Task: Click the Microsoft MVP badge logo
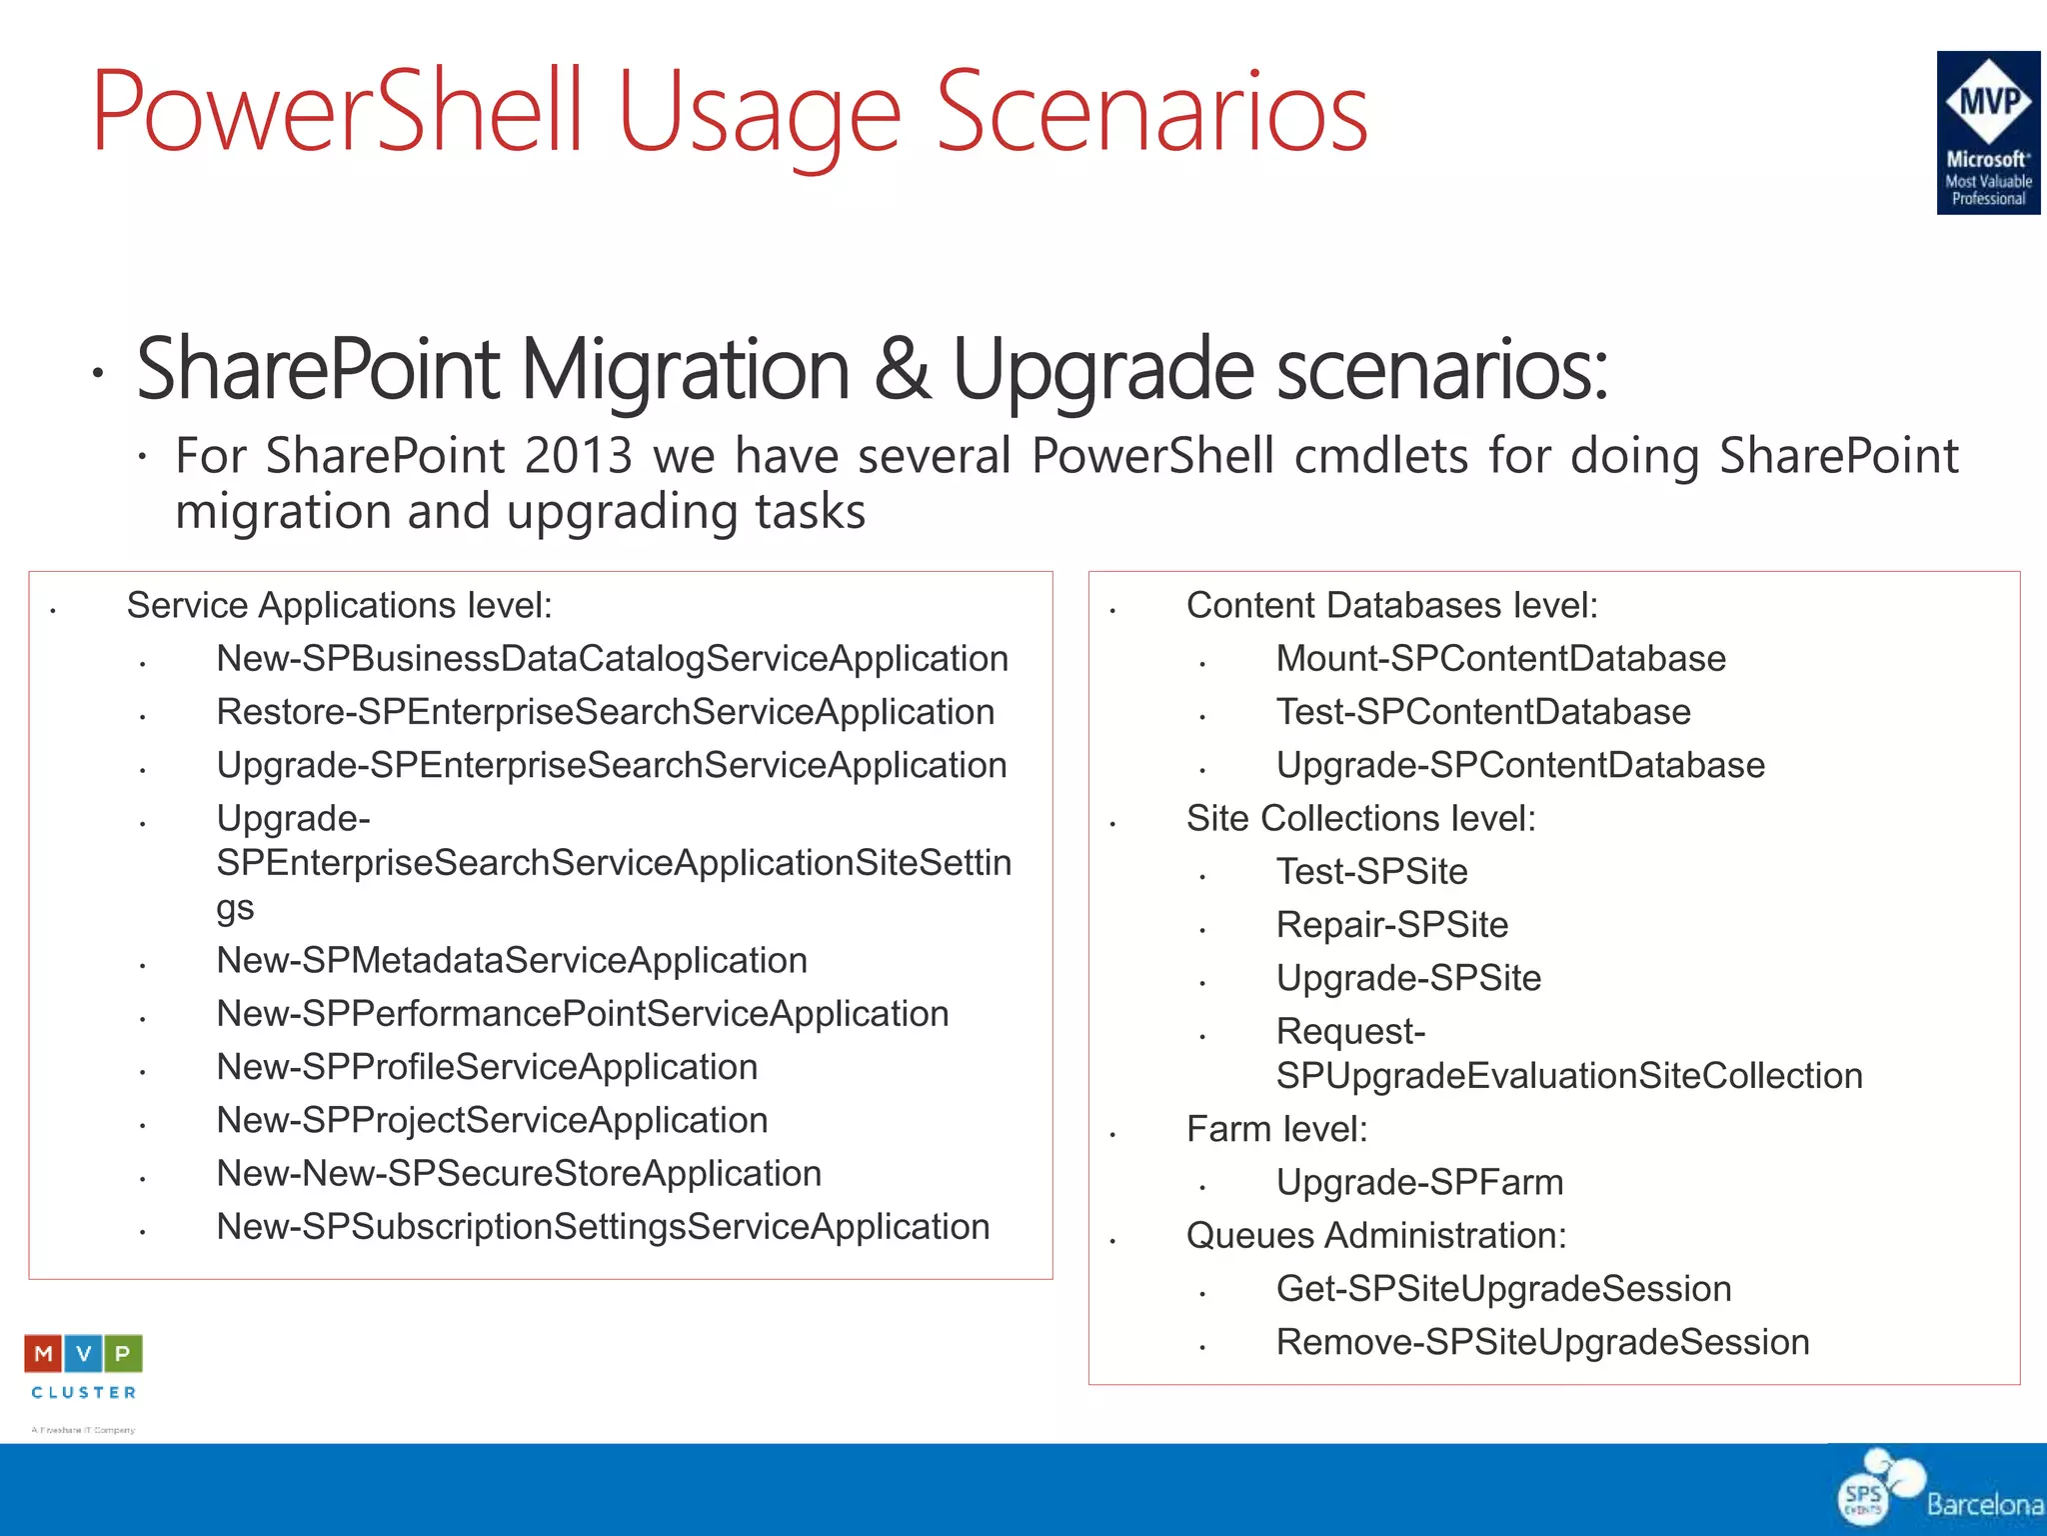pos(1987,132)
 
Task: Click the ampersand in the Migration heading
pos(902,369)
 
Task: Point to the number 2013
pos(579,456)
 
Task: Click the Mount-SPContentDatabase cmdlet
pos(1500,659)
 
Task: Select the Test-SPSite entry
pos(1371,872)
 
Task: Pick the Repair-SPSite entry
pos(1391,925)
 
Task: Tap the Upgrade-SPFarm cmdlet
pos(1419,1183)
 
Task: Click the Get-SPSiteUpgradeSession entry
pos(1503,1289)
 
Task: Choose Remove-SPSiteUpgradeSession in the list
pos(1542,1342)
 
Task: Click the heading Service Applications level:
pos(339,606)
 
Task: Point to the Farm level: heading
pos(1276,1129)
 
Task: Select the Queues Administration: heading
pos(1375,1236)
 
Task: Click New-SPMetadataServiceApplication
pos(512,961)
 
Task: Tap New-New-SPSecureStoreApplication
pos(519,1174)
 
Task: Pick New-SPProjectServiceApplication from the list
pos(492,1121)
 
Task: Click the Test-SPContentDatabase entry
pos(1483,712)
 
